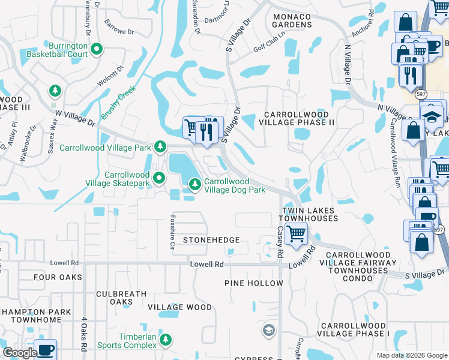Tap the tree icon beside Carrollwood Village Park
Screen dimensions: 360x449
(x=160, y=146)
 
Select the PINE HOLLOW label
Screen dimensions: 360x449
(x=254, y=283)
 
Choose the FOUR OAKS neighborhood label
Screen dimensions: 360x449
(x=58, y=277)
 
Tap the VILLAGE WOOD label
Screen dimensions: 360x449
(x=179, y=307)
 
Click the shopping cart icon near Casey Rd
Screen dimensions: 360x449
(x=297, y=233)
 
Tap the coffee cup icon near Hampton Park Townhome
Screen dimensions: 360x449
(x=45, y=349)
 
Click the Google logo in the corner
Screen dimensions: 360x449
(x=20, y=353)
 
